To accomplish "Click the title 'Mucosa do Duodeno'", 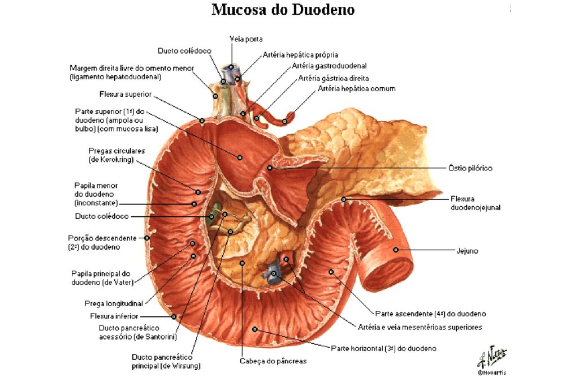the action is tap(283, 10).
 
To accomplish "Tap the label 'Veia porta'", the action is tap(246, 39).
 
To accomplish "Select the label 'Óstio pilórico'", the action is tap(470, 168).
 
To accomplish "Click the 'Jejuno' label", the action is tap(467, 251).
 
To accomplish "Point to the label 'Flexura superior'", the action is tap(126, 94).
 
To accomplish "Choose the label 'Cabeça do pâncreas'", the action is tap(273, 361).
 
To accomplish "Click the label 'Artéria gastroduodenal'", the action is tap(330, 66).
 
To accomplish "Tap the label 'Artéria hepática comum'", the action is tap(357, 89).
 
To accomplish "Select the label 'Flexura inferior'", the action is tap(114, 316).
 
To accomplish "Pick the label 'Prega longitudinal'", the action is tap(114, 303).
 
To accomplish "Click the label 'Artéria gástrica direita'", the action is tap(334, 78).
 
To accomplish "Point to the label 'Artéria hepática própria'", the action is tap(300, 55).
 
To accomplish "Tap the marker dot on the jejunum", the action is tap(395, 250).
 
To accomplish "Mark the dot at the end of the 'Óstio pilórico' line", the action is tap(270, 168).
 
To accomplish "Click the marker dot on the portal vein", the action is tap(231, 67).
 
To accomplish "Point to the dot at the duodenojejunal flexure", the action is tap(344, 200).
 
